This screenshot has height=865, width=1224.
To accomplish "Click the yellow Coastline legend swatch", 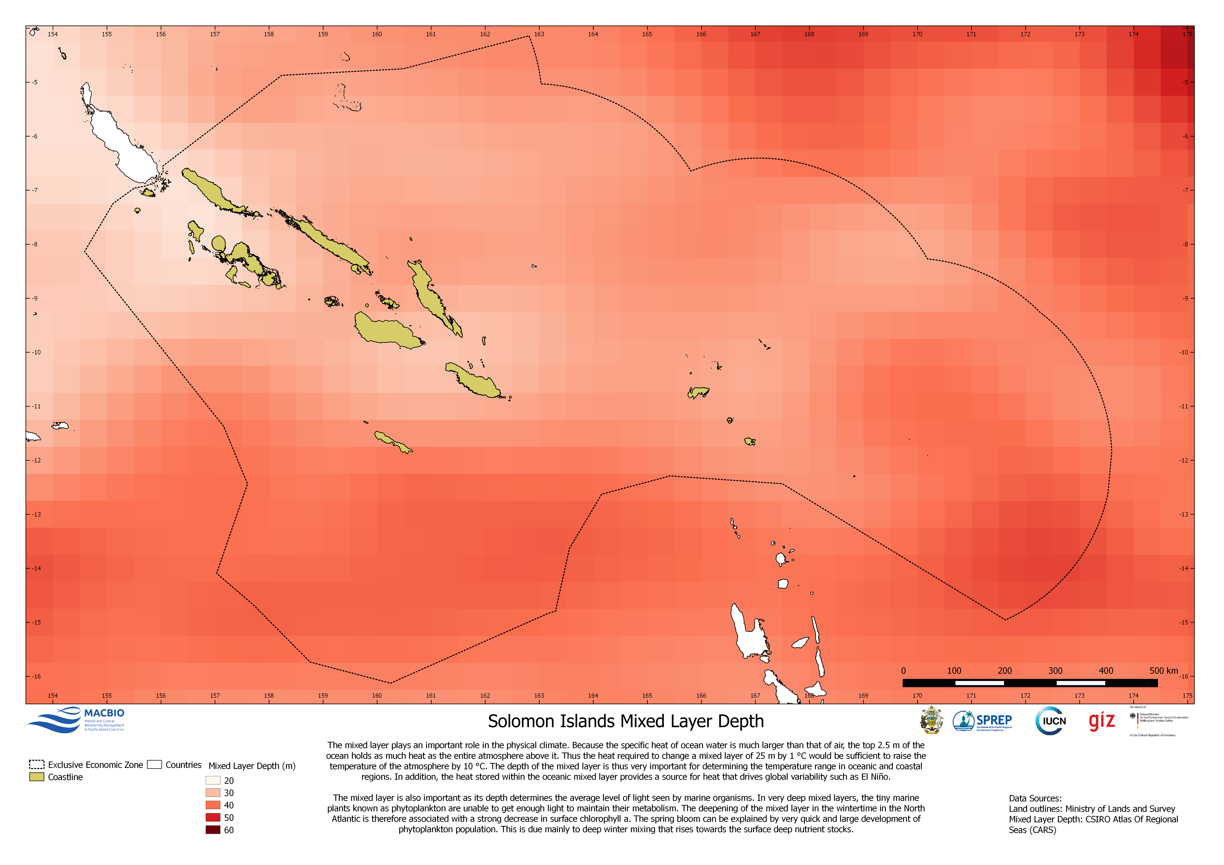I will coord(36,777).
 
